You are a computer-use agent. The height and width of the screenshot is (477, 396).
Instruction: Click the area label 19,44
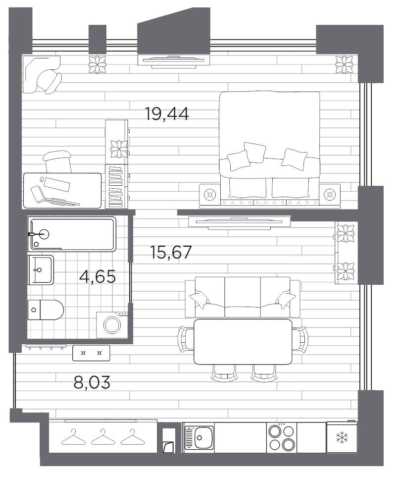167,114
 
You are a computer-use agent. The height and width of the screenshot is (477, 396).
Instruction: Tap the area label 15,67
170,253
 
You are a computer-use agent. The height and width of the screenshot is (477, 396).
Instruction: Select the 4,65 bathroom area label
98,276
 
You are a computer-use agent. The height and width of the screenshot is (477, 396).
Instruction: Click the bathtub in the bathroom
73,233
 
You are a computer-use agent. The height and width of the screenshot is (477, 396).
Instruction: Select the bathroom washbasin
41,270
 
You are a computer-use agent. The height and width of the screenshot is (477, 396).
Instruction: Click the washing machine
113,324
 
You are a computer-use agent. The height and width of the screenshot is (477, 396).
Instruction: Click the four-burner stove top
282,437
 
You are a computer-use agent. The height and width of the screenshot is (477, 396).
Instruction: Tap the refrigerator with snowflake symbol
341,437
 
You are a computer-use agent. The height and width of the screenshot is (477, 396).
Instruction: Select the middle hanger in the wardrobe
102,437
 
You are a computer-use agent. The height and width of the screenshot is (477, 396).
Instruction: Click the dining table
243,342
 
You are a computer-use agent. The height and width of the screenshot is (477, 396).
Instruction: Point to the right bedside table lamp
329,195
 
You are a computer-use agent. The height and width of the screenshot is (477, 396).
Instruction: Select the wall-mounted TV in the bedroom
173,60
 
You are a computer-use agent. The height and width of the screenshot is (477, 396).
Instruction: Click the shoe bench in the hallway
92,353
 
